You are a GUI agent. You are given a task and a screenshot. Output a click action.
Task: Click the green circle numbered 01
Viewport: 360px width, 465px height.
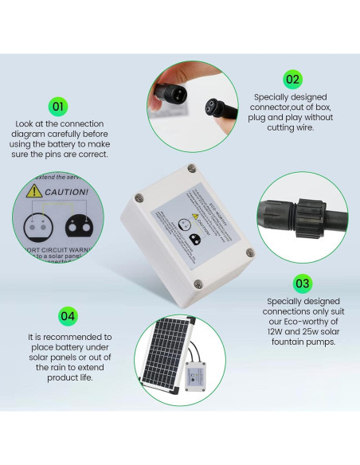click(57, 106)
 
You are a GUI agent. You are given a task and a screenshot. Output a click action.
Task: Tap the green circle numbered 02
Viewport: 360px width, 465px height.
click(292, 78)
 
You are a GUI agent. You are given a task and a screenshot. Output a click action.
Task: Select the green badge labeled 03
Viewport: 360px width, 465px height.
click(303, 283)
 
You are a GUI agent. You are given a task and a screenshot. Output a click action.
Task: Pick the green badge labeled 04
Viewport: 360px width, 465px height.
click(68, 316)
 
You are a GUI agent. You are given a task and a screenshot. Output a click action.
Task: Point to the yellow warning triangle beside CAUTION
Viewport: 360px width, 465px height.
click(33, 191)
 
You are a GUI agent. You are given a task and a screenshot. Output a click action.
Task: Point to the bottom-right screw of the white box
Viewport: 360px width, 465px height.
click(249, 252)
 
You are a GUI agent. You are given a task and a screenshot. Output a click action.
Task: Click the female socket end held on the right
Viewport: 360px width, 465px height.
click(218, 106)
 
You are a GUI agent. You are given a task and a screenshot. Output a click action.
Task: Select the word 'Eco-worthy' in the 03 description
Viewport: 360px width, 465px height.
click(304, 322)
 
